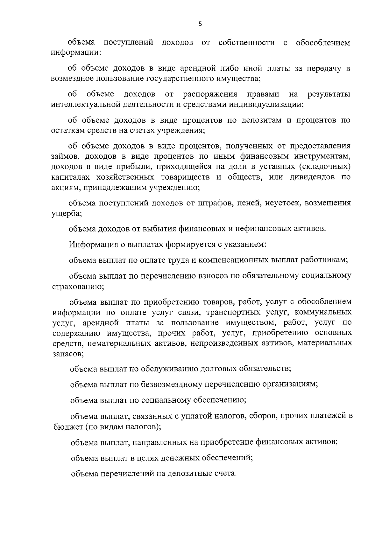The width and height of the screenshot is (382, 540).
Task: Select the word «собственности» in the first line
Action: [x=247, y=43]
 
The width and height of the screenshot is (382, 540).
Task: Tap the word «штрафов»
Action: [x=211, y=203]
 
